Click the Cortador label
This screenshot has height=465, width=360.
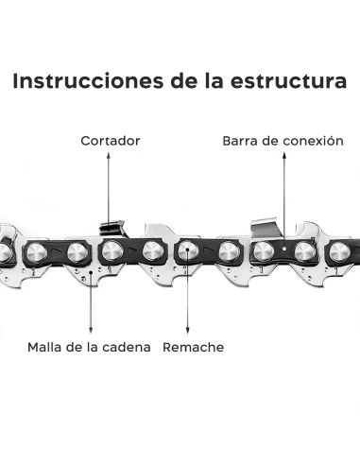pos(110,141)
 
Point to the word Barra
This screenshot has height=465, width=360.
pos(241,141)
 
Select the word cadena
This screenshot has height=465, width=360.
pos(128,347)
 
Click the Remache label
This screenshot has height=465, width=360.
pos(194,347)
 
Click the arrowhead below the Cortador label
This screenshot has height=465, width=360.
pos(110,219)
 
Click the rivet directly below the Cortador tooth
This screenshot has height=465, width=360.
pos(111,252)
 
